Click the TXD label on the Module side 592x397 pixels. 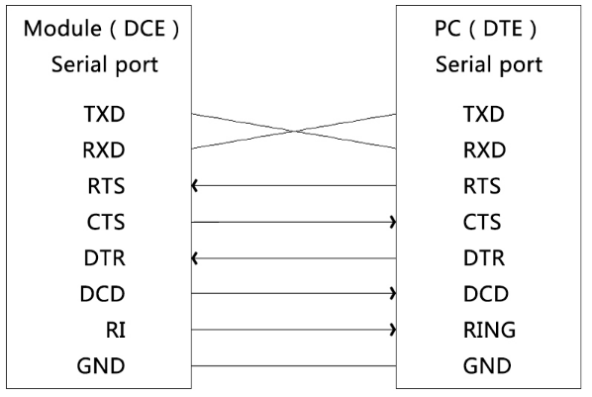click(x=104, y=114)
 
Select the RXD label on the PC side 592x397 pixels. click(x=484, y=149)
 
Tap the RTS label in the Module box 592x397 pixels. click(x=106, y=186)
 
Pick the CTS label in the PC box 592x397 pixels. click(x=482, y=222)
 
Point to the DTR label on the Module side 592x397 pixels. click(x=105, y=258)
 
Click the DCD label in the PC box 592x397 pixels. click(x=486, y=294)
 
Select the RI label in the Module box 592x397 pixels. click(x=116, y=330)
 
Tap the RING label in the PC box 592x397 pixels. click(x=489, y=330)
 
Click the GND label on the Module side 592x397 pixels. click(x=101, y=366)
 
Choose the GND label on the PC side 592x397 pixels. click(x=487, y=366)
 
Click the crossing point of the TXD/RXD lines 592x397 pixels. click(x=294, y=132)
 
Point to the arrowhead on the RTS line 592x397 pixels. click(x=194, y=186)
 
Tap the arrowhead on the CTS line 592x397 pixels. click(x=393, y=222)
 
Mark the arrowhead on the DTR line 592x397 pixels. click(x=194, y=258)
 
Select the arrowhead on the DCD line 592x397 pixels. click(x=393, y=293)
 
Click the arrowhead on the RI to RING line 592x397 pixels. click(x=393, y=330)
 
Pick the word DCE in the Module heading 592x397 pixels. click(x=145, y=29)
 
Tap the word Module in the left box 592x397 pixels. click(x=62, y=29)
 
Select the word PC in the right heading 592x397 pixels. click(x=447, y=29)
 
